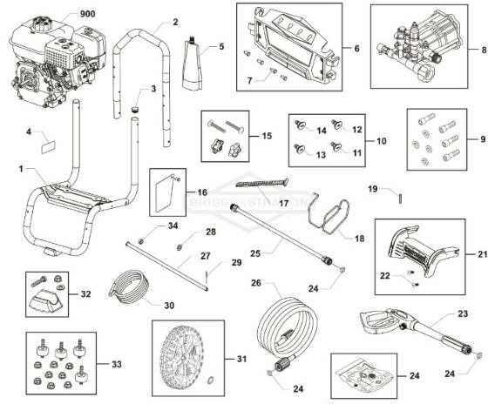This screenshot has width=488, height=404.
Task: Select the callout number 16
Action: [201, 192]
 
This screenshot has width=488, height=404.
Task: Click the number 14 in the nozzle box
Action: [321, 129]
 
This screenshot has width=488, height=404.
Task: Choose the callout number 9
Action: [473, 138]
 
